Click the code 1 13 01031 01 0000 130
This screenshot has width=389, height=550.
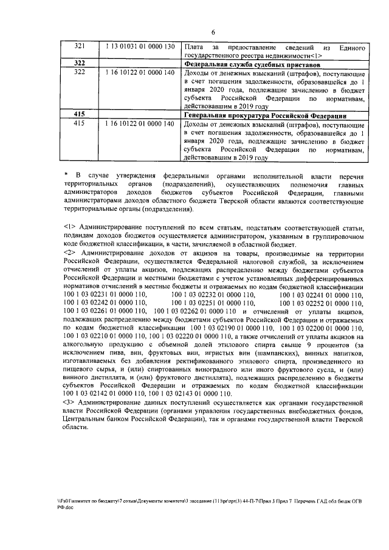pos(140,47)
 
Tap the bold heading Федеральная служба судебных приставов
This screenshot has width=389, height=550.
pos(252,63)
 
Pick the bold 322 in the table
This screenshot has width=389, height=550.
pos(80,63)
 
